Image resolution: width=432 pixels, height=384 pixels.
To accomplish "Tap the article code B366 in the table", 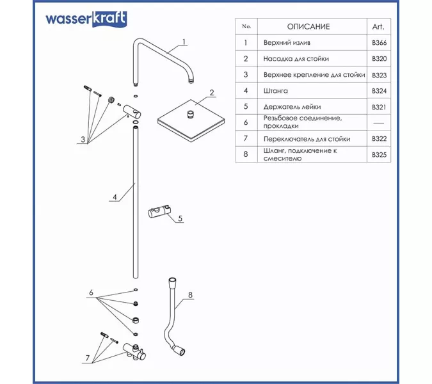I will [x=379, y=43].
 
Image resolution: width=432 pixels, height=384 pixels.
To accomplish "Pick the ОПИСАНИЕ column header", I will [x=308, y=26].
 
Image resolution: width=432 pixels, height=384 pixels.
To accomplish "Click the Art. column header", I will [x=378, y=26].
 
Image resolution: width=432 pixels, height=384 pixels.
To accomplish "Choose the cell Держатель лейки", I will [x=291, y=106].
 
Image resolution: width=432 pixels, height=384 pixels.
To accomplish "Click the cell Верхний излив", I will [x=287, y=43].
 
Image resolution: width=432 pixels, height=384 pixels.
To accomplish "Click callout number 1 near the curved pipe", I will [x=183, y=42].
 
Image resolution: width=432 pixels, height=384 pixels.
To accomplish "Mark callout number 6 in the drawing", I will [x=92, y=292].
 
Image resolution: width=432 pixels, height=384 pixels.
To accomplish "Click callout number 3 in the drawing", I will [x=83, y=138].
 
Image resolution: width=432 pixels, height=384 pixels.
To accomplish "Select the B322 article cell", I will [x=379, y=138].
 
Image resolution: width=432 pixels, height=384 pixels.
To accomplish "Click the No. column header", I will [x=245, y=26].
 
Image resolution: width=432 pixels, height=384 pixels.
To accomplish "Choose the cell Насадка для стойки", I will [x=296, y=59].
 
